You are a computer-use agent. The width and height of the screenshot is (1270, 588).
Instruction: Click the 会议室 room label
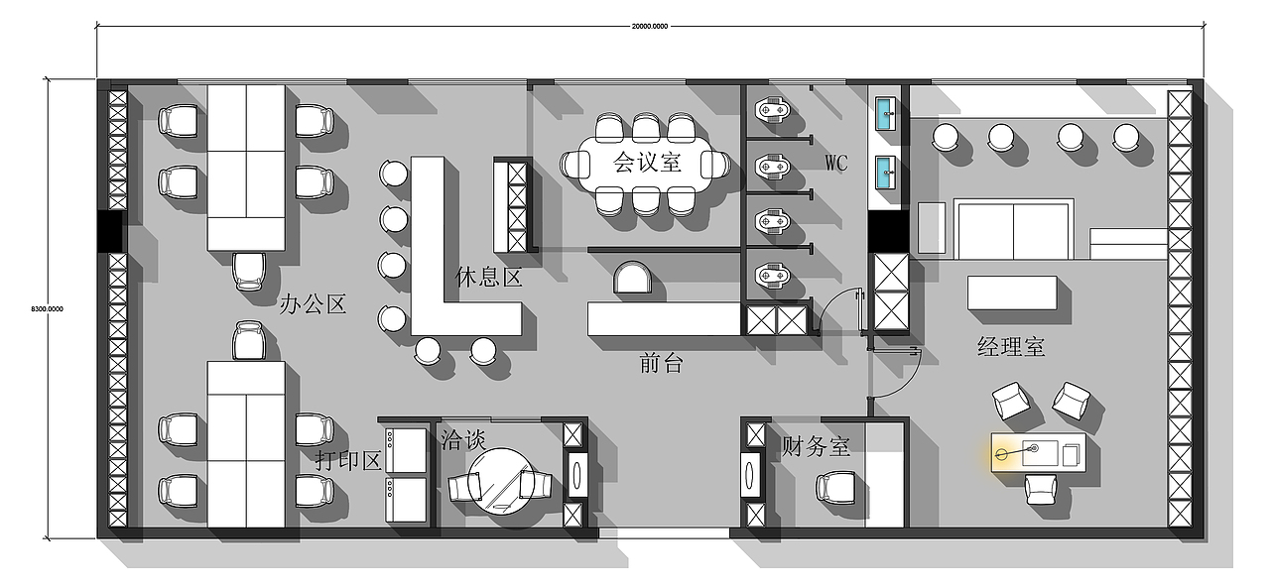click(646, 163)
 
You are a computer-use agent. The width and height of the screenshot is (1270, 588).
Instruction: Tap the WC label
click(835, 164)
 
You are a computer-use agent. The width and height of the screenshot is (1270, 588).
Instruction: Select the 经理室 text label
click(1011, 347)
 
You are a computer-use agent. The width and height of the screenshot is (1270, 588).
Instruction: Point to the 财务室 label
click(816, 447)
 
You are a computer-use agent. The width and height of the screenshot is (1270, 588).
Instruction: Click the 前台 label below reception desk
click(661, 363)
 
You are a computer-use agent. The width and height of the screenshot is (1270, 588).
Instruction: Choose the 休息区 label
click(489, 278)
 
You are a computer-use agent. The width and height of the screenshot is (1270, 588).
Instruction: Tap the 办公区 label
click(313, 304)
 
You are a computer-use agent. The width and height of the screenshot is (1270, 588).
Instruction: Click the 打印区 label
click(348, 460)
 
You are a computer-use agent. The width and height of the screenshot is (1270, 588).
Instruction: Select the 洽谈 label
click(463, 440)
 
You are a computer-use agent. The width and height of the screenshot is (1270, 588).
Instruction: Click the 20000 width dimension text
click(650, 26)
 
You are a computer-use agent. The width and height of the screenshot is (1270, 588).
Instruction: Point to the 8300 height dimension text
click(47, 309)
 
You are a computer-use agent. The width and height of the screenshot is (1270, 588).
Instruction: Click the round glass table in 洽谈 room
click(501, 481)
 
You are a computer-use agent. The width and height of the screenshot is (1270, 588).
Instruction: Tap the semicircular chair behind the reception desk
click(632, 277)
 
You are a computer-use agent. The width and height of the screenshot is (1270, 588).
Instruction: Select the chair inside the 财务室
click(835, 488)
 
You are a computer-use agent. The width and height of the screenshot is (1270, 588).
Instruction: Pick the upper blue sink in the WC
click(885, 113)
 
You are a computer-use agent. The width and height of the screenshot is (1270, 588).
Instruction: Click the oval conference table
click(646, 165)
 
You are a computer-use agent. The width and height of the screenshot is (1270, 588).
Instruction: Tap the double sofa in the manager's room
click(1014, 229)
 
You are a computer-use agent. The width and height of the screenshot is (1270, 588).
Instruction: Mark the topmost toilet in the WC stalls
click(772, 109)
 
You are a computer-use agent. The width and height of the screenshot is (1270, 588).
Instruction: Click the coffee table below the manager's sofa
click(1012, 293)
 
